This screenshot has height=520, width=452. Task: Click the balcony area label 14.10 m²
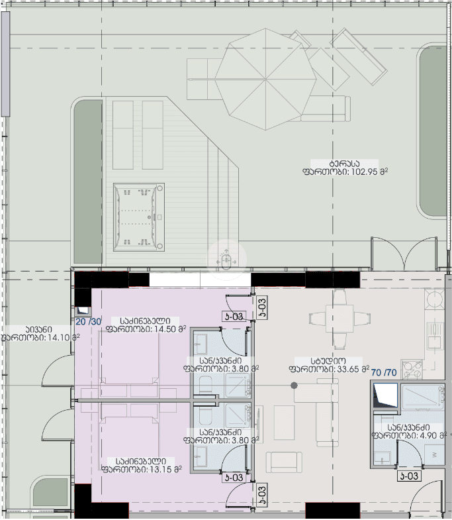pos(40,337)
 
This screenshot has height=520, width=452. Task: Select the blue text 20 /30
pos(88,322)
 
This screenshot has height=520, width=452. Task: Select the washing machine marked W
pos(433,454)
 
